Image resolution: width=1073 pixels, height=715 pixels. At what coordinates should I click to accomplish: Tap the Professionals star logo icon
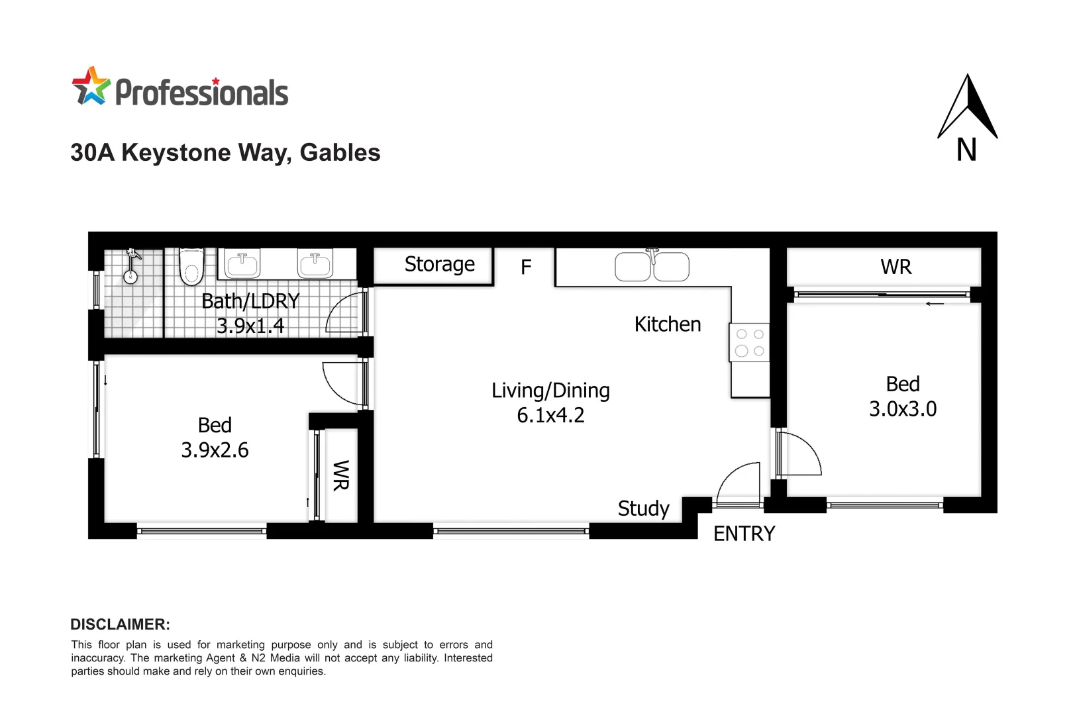tap(91, 86)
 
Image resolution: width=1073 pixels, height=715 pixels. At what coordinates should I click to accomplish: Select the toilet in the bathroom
tap(191, 267)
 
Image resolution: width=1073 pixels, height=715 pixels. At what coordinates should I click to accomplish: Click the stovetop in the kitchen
tap(749, 342)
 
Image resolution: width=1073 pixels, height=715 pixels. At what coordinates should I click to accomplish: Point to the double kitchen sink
tap(652, 266)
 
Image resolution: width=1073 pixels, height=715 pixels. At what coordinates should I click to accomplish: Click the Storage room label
tap(439, 264)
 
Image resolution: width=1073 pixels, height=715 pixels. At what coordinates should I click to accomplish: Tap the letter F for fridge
tap(526, 267)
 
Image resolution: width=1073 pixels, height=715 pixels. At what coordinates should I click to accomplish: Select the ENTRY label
tap(744, 534)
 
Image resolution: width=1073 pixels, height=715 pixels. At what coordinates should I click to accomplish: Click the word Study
tap(643, 508)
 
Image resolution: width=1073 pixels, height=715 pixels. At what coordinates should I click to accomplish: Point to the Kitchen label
tap(667, 324)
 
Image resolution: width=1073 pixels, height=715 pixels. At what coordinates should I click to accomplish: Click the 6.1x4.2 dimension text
tap(550, 416)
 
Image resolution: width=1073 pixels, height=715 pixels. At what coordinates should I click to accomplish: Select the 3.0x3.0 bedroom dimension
tap(903, 409)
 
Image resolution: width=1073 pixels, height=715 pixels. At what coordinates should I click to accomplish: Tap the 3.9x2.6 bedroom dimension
tap(215, 450)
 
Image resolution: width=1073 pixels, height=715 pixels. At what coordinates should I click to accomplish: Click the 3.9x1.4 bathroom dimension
tap(250, 326)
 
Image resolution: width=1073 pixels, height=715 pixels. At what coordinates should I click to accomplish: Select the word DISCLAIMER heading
tap(120, 624)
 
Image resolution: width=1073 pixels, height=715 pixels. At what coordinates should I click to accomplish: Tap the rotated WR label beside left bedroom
tap(340, 475)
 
